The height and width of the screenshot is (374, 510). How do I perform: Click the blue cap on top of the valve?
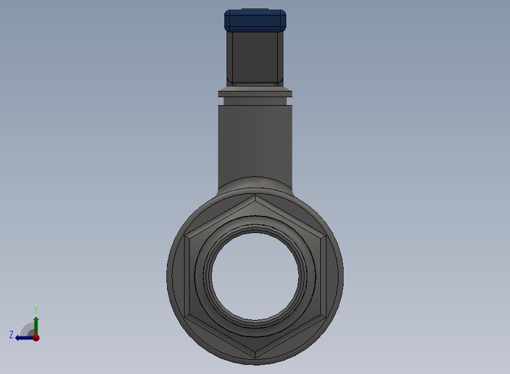pyautogui.click(x=255, y=20)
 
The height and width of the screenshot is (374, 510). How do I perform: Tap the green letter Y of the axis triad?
pyautogui.click(x=36, y=310)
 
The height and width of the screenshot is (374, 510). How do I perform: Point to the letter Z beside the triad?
pyautogui.click(x=11, y=334)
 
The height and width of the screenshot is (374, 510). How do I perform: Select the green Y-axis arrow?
pyautogui.click(x=36, y=326)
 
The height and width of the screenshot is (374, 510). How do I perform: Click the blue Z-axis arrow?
pyautogui.click(x=24, y=338)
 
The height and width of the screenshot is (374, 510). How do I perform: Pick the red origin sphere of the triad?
pyautogui.click(x=36, y=338)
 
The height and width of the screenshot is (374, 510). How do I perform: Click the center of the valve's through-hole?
pyautogui.click(x=255, y=276)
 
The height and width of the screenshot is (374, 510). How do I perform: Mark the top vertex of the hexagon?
pyautogui.click(x=256, y=194)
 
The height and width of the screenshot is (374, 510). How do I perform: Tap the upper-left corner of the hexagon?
pyautogui.click(x=185, y=236)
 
